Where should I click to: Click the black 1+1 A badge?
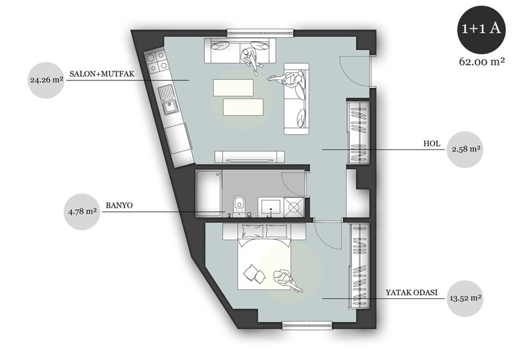pyautogui.click(x=481, y=29)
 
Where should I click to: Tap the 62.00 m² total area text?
pyautogui.click(x=481, y=61)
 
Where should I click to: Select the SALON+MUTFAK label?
pyautogui.click(x=102, y=74)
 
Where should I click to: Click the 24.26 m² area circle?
pyautogui.click(x=46, y=80)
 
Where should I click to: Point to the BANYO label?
pyautogui.click(x=119, y=206)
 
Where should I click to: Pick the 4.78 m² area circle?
pyautogui.click(x=82, y=212)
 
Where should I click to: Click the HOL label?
pyautogui.click(x=432, y=143)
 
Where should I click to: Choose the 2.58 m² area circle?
pyautogui.click(x=465, y=150)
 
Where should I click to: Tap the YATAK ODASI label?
pyautogui.click(x=411, y=292)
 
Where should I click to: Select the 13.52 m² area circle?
pyautogui.click(x=465, y=298)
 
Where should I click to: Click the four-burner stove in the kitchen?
pyautogui.click(x=156, y=62)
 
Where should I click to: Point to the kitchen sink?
pyautogui.click(x=168, y=100)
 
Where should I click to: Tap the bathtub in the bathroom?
pyautogui.click(x=208, y=193)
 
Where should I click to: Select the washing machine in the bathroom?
pyautogui.click(x=294, y=207)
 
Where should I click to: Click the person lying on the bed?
pyautogui.click(x=287, y=280)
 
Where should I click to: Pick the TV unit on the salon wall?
pyautogui.click(x=250, y=157)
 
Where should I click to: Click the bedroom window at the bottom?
pyautogui.click(x=308, y=325)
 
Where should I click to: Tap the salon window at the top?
pyautogui.click(x=260, y=32)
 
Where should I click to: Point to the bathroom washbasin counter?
pyautogui.click(x=270, y=207)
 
